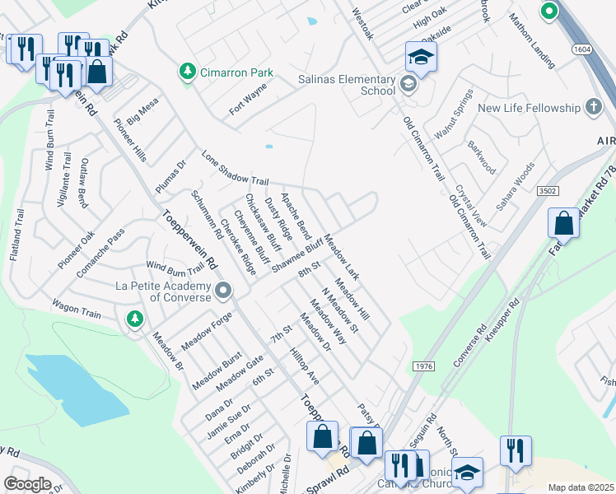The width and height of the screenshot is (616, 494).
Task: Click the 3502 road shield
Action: pos(547,191)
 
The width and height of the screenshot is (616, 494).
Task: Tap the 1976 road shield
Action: pos(422,366)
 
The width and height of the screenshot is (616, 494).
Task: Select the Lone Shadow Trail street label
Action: pos(236,170)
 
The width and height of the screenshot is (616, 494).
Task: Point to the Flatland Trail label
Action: pos(16,235)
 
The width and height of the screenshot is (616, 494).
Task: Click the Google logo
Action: pos(26,483)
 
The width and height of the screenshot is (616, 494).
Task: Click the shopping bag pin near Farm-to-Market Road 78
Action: pos(563,224)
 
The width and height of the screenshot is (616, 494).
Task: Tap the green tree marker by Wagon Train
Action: pos(133,318)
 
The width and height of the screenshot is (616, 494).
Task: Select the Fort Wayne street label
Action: pos(249,99)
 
